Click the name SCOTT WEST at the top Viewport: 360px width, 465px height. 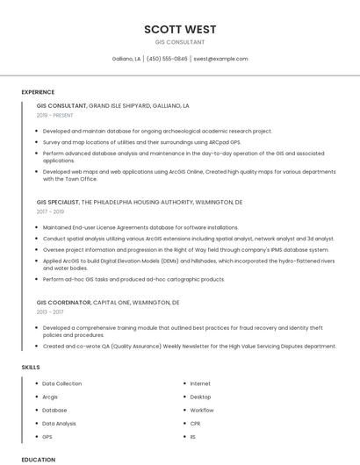[180, 29]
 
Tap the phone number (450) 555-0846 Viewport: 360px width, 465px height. [167, 59]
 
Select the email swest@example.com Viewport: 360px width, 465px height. [220, 59]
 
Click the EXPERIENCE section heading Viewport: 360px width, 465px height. [38, 92]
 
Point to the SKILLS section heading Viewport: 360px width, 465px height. [31, 367]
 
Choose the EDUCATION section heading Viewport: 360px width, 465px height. [38, 459]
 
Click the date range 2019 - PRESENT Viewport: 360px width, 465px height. [56, 115]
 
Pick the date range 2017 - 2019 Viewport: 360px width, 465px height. [50, 211]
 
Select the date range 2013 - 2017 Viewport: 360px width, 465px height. [50, 311]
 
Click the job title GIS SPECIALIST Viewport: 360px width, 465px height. [58, 202]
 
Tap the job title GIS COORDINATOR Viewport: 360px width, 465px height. [63, 302]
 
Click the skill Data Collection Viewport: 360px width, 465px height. [61, 383]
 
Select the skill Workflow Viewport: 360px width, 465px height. [201, 410]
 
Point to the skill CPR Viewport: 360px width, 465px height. [196, 423]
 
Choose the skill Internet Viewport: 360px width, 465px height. [200, 383]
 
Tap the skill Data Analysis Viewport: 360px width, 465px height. [59, 423]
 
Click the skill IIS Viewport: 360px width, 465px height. [193, 436]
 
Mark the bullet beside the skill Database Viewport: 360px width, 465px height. [36, 410]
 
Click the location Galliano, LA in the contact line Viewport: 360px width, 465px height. [126, 59]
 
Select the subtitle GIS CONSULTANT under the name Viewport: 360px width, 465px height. [180, 42]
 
